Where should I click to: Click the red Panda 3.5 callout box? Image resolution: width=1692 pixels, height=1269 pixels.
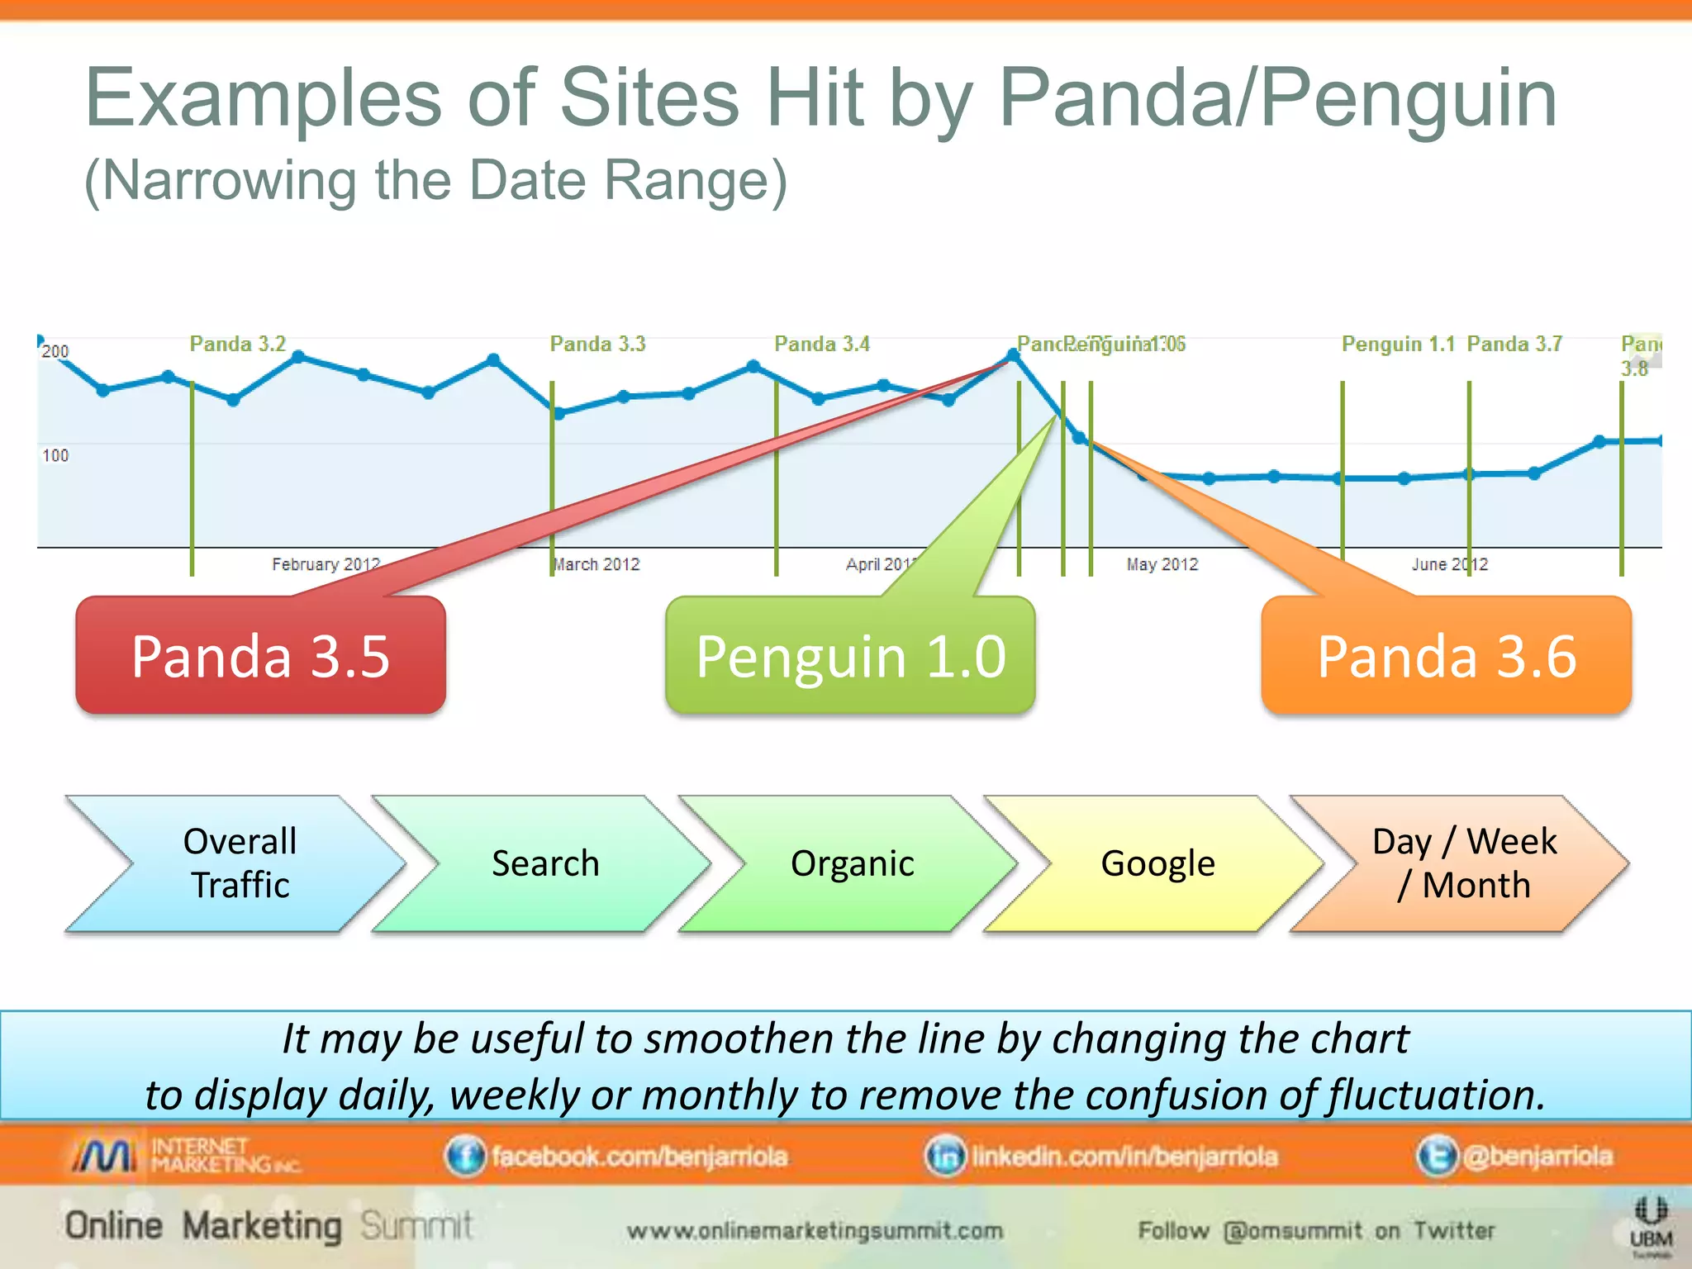coord(260,656)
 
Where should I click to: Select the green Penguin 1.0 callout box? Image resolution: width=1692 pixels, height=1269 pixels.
coord(850,656)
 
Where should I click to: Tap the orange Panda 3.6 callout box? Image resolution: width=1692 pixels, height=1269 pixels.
coord(1446,656)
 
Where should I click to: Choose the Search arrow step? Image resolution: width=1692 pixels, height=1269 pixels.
coord(544,863)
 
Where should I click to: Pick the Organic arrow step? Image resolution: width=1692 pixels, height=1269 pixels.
coord(852,863)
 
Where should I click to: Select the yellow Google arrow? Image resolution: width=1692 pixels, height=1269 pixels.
coord(1157,863)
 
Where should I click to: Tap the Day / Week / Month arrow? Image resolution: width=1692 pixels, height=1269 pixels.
coord(1463,863)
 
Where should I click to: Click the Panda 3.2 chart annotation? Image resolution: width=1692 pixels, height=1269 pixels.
coord(237,344)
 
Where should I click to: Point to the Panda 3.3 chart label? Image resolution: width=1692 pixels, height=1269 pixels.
coord(597,344)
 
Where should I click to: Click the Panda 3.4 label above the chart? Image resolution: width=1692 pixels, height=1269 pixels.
coord(821,344)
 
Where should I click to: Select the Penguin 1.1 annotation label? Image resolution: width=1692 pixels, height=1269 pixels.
coord(1398,344)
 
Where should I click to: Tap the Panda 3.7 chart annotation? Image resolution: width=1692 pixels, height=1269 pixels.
coord(1514,344)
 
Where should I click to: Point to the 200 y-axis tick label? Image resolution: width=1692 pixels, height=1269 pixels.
coord(55,351)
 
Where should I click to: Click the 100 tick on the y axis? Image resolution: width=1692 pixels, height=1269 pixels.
coord(55,455)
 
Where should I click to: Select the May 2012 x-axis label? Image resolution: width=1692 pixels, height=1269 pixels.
coord(1162,564)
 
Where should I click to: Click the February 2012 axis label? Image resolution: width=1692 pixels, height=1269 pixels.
coord(326,564)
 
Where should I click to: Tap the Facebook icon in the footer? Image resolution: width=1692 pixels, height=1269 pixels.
coord(465,1156)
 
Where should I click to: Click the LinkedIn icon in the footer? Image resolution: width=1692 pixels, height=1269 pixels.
coord(944,1156)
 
